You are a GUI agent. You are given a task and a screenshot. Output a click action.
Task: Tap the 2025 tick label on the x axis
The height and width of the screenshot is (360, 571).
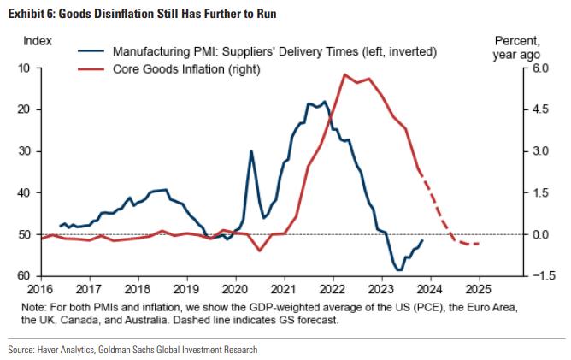click(x=478, y=289)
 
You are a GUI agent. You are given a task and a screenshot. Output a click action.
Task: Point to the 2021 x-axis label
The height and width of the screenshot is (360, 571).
click(x=284, y=289)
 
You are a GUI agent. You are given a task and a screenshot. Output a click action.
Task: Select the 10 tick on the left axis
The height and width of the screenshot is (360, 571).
click(x=22, y=68)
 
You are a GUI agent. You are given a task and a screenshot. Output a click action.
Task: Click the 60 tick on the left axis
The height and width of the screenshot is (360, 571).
click(x=22, y=276)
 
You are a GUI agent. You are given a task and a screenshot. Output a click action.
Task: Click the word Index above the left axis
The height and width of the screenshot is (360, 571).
click(x=37, y=40)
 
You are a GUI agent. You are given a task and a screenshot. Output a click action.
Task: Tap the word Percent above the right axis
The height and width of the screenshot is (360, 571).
click(x=516, y=40)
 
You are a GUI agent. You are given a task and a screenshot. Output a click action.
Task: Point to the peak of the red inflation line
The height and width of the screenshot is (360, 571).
click(x=344, y=74)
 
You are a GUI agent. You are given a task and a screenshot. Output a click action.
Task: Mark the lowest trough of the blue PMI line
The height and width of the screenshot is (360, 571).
click(x=398, y=270)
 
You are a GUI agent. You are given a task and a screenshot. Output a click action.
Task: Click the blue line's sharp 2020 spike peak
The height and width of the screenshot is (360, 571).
click(x=251, y=151)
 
